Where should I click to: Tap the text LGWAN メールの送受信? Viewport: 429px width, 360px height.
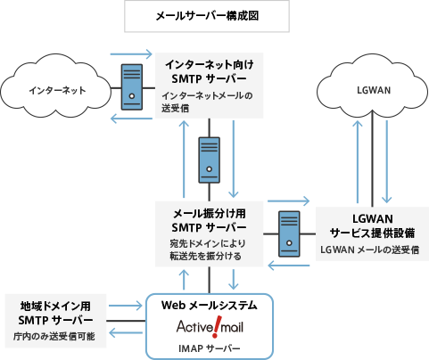367,250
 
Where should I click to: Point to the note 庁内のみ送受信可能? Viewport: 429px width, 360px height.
55,336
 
